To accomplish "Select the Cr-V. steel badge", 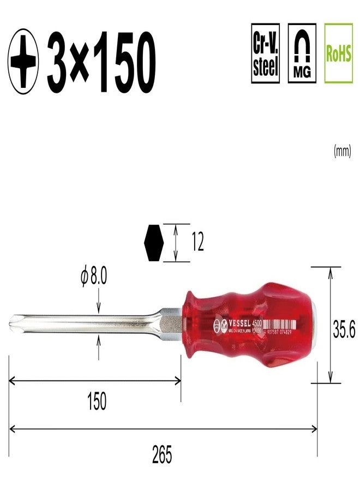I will click(266, 53).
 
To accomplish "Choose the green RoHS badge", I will click(338, 53).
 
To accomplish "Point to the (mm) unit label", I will click(341, 152).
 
